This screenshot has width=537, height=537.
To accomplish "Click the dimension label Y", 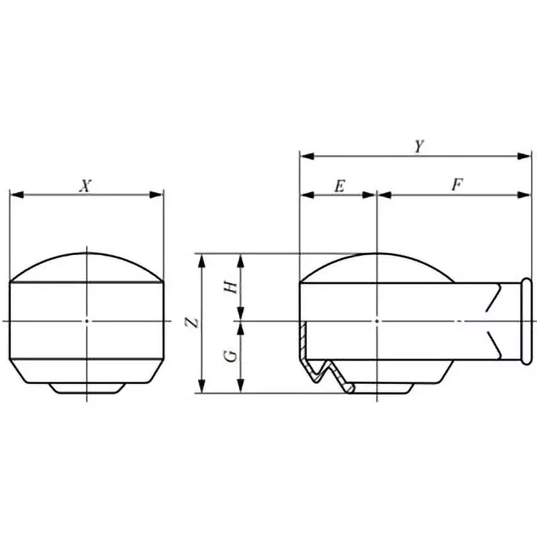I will tap(418, 146).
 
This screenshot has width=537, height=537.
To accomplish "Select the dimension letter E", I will tap(338, 186).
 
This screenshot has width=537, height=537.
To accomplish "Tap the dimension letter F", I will tap(456, 186).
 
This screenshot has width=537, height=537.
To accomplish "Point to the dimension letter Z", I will tap(193, 323).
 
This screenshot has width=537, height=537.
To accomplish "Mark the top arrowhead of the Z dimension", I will tap(201, 260).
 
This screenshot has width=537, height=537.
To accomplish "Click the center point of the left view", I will tap(87, 322).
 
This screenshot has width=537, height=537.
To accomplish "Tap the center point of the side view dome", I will tap(379, 322).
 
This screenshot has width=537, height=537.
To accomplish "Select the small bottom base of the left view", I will tap(87, 388).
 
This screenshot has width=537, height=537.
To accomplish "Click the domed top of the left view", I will tap(87, 266).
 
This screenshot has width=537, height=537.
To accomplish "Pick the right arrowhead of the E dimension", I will tap(371, 195).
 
